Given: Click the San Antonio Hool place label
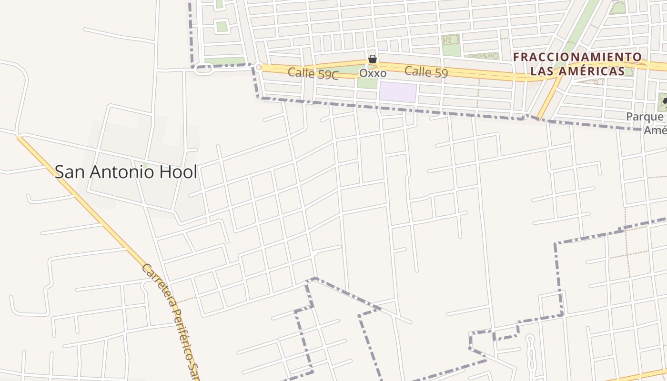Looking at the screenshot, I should [126, 172].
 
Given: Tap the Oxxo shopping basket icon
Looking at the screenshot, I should [373, 60].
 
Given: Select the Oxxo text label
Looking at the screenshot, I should [373, 73].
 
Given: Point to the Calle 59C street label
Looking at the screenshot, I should [313, 74].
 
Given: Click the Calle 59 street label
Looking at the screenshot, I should [426, 72].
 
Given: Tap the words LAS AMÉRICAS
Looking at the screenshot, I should [577, 71].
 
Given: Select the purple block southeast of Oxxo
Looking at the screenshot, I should [397, 92].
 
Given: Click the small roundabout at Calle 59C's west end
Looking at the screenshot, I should [259, 68].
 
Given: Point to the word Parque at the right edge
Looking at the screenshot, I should [644, 117].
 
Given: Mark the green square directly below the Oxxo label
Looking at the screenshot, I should [367, 83].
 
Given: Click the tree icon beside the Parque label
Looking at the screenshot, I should [664, 101].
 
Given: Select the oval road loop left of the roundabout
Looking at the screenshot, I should [204, 70].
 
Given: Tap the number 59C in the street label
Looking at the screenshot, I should [327, 75].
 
